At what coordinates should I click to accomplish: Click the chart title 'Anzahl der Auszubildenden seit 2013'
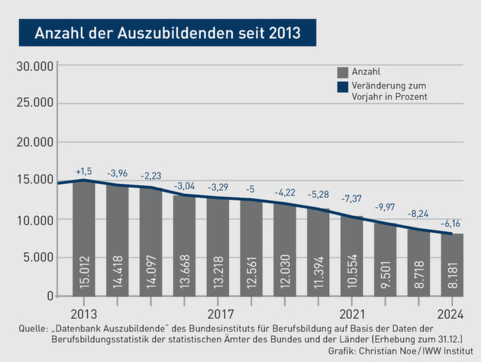coord(168,34)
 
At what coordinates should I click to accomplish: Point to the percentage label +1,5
coord(84,171)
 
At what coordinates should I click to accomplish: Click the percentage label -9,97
coord(386,207)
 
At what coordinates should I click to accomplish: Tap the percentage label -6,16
coord(452,222)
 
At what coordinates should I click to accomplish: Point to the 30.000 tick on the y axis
coord(34,66)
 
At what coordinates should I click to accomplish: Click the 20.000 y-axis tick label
coord(34,142)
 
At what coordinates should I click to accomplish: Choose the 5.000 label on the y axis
coord(37,257)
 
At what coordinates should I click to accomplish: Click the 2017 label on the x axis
coord(220,313)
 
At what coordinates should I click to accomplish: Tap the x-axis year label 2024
coord(451,313)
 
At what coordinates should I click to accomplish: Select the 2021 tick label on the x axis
coord(352,313)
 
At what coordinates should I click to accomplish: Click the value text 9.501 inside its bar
coord(386,272)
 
